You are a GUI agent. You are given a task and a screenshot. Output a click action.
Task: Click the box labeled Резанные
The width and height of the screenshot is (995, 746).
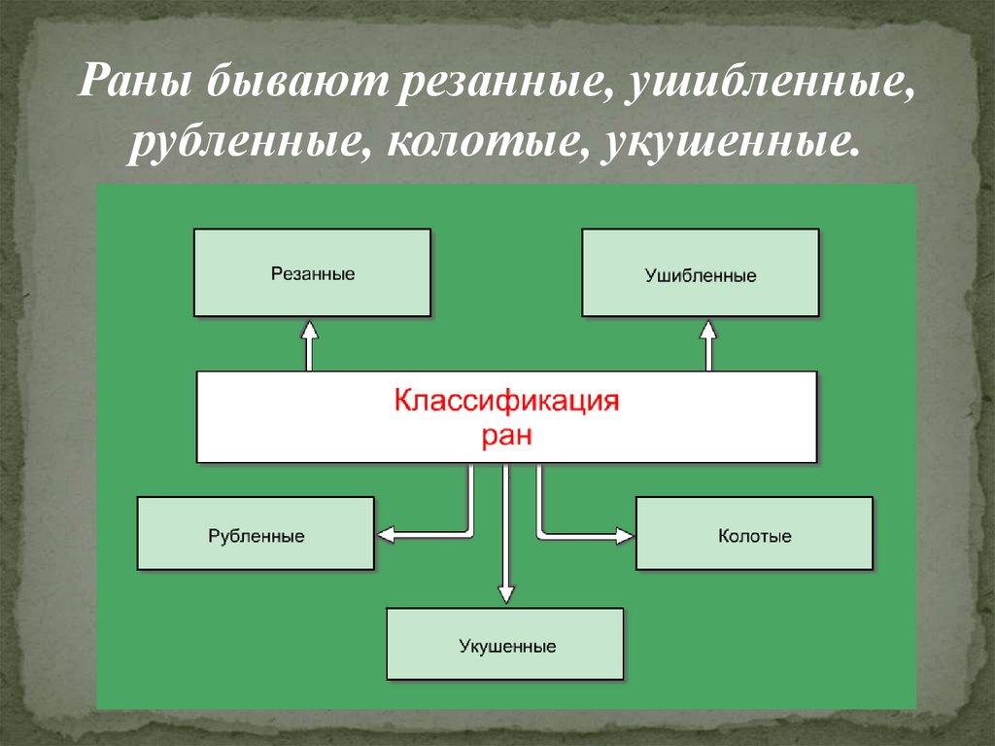312,272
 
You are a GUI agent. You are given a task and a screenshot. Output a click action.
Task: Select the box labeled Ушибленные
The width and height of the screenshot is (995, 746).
700,273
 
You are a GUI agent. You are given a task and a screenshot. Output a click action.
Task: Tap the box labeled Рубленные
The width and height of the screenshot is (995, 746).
256,533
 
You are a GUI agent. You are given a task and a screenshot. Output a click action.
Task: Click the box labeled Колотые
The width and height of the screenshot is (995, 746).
754,533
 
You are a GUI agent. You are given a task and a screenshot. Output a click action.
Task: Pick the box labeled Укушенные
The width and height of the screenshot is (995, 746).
504,644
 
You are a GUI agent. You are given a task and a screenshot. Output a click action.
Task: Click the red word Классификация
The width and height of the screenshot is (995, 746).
506,401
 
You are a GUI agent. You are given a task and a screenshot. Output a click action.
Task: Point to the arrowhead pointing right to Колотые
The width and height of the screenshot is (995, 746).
623,533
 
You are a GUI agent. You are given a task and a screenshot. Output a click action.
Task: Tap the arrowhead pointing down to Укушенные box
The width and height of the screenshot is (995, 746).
504,593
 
